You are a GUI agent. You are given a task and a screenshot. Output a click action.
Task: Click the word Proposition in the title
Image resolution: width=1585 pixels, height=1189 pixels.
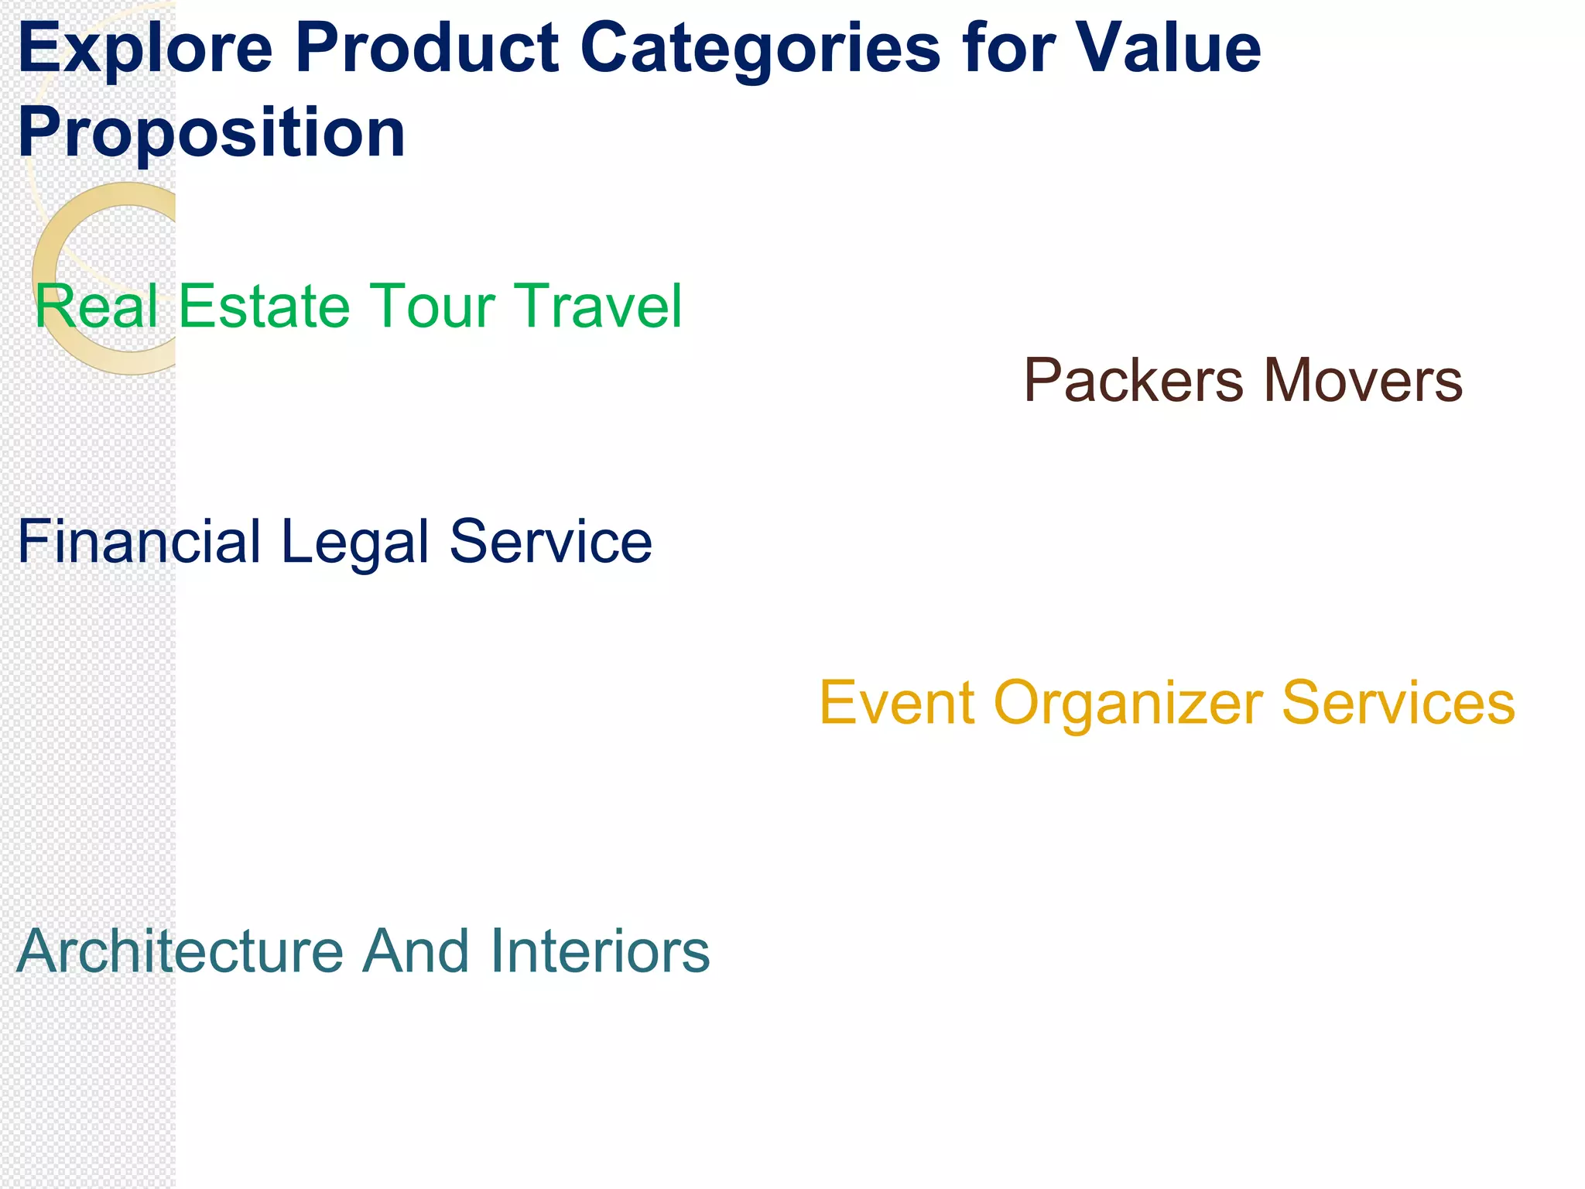coord(211,133)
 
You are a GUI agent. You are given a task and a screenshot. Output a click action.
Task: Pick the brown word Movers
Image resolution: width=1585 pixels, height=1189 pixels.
coord(1363,381)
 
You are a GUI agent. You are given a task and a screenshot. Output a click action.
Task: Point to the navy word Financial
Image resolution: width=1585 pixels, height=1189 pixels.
coord(139,541)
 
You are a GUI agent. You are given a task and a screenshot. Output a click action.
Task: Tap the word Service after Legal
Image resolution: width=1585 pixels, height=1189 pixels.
coord(551,541)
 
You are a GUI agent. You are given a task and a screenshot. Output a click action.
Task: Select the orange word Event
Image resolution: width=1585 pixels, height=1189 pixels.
coord(897,703)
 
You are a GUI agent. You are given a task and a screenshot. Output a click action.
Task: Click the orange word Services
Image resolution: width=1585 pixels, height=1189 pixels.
coord(1398,703)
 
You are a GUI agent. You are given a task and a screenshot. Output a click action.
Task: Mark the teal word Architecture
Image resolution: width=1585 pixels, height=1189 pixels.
coord(180,951)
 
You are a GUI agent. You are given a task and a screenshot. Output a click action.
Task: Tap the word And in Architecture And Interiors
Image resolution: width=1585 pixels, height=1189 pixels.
coord(416,951)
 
